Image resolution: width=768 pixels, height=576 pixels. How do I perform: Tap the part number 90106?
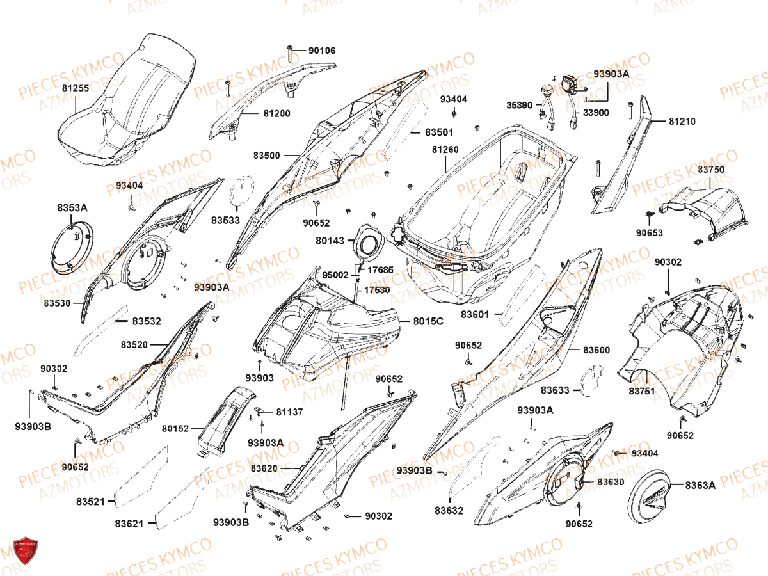click(321, 51)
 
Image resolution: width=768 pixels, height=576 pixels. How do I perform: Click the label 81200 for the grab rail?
click(276, 114)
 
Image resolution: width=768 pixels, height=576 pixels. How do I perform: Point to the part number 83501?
click(439, 132)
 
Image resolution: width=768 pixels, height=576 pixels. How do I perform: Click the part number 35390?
click(520, 105)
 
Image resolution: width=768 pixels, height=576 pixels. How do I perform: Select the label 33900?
click(596, 113)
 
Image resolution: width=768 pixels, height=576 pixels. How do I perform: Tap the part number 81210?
click(682, 121)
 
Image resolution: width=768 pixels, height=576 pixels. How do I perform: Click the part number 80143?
click(330, 241)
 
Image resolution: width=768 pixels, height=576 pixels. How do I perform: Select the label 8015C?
click(428, 321)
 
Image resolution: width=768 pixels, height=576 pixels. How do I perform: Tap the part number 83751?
click(641, 391)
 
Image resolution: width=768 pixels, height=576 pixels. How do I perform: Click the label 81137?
click(289, 412)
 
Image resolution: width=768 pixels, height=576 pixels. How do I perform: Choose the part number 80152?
click(175, 428)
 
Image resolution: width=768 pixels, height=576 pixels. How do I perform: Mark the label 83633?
click(555, 390)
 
